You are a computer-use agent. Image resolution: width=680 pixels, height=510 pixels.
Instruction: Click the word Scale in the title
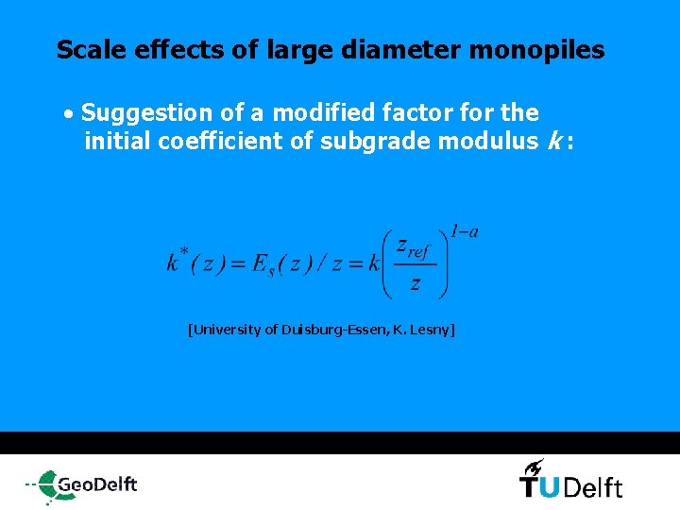pos(87,50)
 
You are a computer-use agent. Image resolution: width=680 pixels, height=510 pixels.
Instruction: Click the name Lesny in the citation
pos(432,330)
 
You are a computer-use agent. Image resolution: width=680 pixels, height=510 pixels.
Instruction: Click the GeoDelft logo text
pos(97,484)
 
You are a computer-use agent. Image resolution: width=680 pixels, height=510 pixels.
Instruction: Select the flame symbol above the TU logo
pos(534,466)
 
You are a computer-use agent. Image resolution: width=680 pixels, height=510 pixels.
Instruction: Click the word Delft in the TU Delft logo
pos(596,487)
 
